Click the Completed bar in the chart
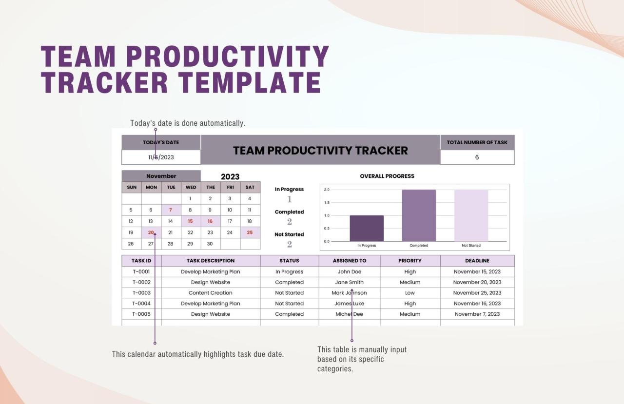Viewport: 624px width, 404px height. (419, 215)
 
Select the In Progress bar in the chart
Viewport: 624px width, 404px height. (367, 228)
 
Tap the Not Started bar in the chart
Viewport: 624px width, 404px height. (471, 215)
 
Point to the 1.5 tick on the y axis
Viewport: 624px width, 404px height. (327, 202)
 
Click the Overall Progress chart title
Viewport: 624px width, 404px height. (387, 176)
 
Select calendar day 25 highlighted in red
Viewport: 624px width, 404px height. (250, 232)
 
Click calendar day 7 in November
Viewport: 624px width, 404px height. (171, 210)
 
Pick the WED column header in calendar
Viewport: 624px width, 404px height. (191, 187)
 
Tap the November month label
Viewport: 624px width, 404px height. (161, 176)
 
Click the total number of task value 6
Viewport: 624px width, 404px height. (477, 157)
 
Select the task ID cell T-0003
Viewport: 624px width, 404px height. (141, 293)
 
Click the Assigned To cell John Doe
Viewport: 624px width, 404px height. (350, 272)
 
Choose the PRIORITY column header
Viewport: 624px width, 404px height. (410, 261)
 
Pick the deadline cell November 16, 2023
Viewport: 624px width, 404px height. (477, 304)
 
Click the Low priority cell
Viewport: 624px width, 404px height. (410, 293)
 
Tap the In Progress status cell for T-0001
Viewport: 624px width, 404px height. (289, 272)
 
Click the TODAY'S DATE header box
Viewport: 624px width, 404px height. (161, 142)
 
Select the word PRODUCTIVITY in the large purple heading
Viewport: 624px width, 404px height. (228, 57)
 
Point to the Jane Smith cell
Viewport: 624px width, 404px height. (350, 282)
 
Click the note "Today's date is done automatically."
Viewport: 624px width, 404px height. (188, 123)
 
